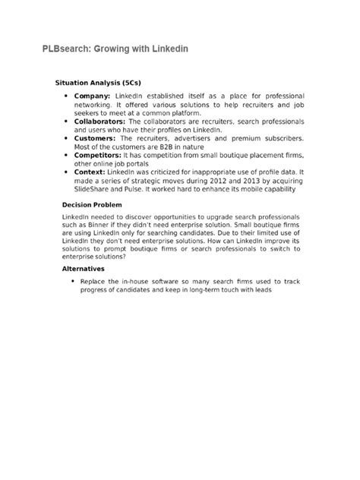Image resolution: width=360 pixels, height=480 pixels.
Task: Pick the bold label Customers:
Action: [x=96, y=138]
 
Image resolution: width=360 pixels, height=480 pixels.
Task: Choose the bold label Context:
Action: [x=93, y=172]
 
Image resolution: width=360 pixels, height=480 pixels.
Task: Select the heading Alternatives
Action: [x=83, y=268]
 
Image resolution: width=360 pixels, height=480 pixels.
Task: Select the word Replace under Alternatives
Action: [x=94, y=281]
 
